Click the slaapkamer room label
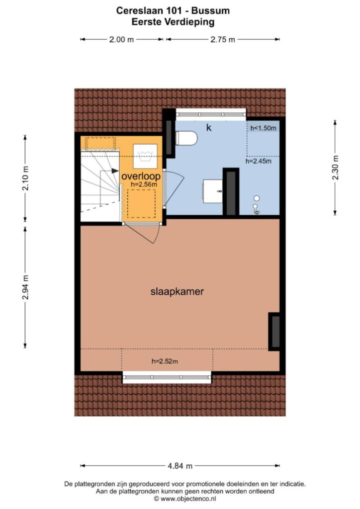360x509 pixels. [x=177, y=291]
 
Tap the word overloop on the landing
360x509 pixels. [x=141, y=176]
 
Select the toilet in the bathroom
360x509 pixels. [x=186, y=138]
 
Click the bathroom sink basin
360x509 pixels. [x=213, y=191]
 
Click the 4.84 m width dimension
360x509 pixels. [x=180, y=466]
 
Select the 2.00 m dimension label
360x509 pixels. [x=121, y=40]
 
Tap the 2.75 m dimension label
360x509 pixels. [x=223, y=40]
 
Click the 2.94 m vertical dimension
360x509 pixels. [x=26, y=287]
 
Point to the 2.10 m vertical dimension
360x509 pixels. [x=26, y=178]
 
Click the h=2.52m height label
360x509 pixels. [x=165, y=361]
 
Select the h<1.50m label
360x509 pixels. [x=263, y=128]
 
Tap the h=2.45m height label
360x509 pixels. [x=259, y=161]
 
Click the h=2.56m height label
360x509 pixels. [x=144, y=184]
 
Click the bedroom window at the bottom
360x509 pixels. [x=167, y=377]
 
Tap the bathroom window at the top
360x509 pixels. [x=211, y=114]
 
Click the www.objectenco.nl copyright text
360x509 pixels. [x=185, y=499]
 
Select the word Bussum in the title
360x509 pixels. [x=210, y=11]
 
